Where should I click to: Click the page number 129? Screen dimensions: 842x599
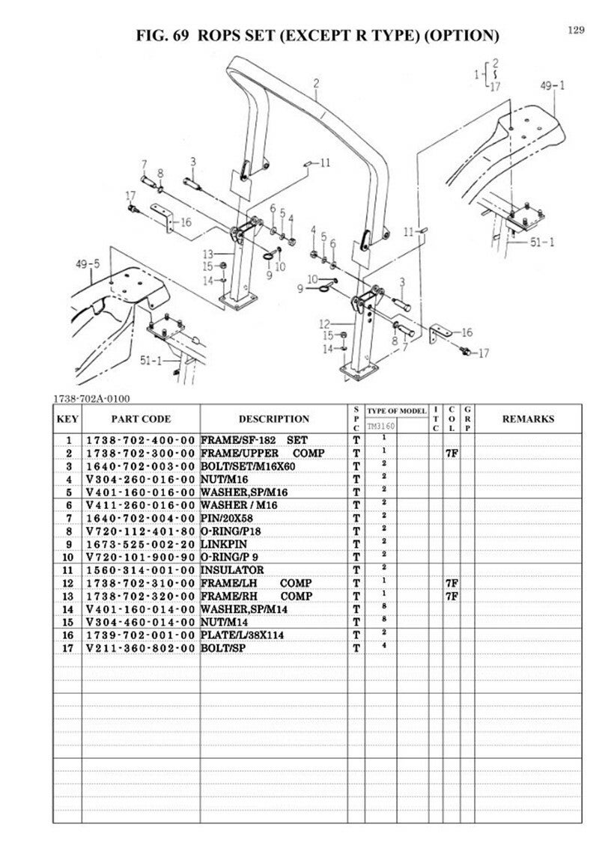tap(575, 30)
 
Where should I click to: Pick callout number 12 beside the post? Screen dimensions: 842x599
tap(324, 324)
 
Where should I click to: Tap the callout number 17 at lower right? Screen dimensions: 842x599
tap(484, 353)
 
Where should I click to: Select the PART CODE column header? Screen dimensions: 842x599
tap(141, 419)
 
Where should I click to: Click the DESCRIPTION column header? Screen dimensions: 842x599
tap(273, 419)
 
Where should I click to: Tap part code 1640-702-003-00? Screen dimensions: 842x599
tap(141, 467)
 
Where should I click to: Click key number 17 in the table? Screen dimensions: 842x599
tap(69, 647)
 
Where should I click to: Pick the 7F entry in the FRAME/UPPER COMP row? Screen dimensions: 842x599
tap(451, 454)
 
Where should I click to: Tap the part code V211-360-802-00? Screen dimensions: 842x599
tap(141, 647)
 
